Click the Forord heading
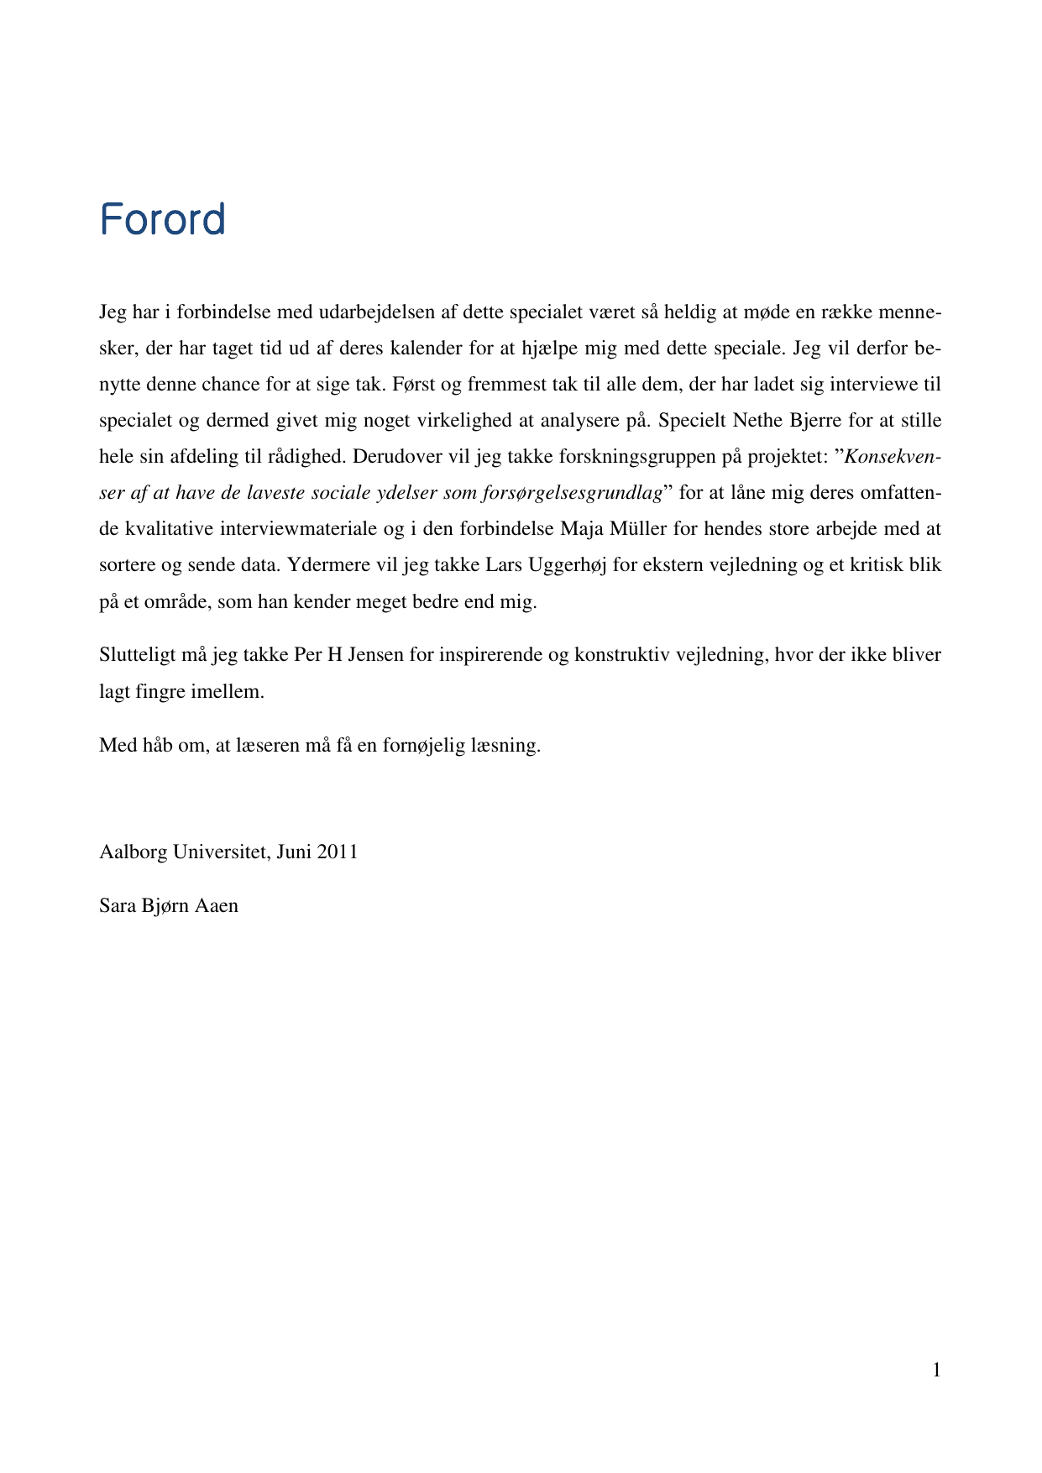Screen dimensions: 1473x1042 pyautogui.click(x=162, y=219)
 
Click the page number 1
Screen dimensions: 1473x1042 pyautogui.click(x=936, y=1371)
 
